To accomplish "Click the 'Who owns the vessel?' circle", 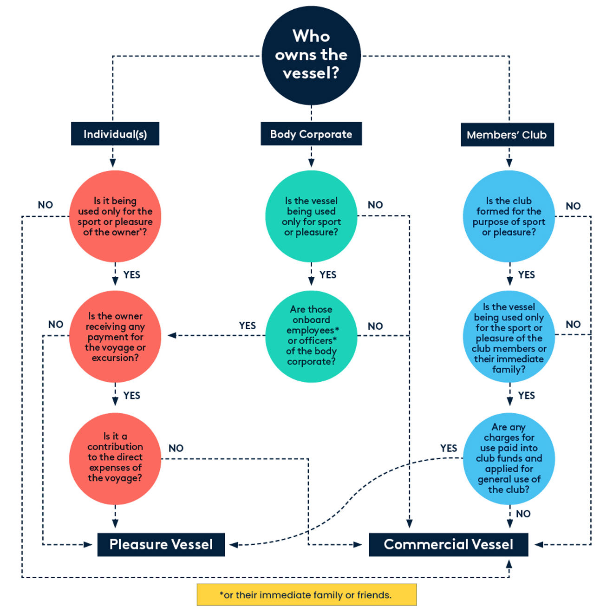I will [311, 55].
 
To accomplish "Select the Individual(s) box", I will [115, 134].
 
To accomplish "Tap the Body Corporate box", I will [311, 134].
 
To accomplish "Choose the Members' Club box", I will [507, 135].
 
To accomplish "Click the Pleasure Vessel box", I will [161, 544].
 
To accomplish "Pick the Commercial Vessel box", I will [448, 544].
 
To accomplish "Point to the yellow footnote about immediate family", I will [306, 595].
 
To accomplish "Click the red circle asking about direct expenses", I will [115, 458].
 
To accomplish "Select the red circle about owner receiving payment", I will [115, 337].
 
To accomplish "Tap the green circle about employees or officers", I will [311, 336].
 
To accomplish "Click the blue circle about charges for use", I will [509, 458].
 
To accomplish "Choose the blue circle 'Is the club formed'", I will [509, 216].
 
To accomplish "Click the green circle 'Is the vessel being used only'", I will [311, 216].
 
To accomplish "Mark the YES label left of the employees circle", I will [247, 326].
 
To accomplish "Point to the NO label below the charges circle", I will [523, 514].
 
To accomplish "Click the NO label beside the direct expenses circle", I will [176, 448].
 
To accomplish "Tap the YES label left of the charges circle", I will [449, 448].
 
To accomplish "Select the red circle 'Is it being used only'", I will [115, 216].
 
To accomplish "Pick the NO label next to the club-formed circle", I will [573, 206].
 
